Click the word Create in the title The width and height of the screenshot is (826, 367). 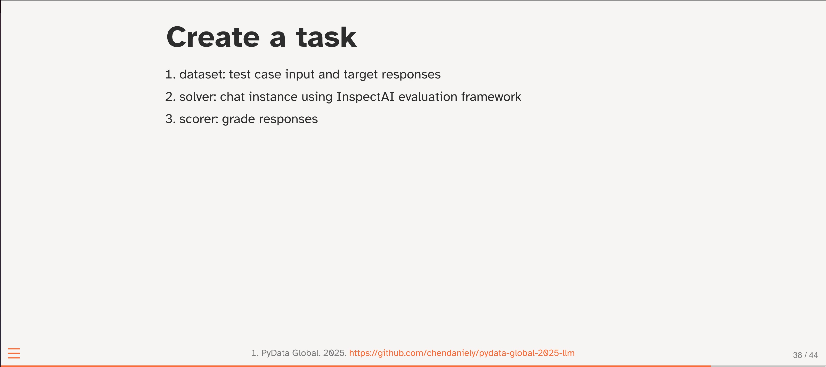pyautogui.click(x=213, y=37)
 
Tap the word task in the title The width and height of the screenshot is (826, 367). pyautogui.click(x=326, y=37)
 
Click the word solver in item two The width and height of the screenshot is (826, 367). pyautogui.click(x=198, y=97)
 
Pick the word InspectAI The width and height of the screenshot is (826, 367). pyautogui.click(x=365, y=97)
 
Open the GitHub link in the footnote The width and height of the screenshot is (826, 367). pyautogui.click(x=462, y=353)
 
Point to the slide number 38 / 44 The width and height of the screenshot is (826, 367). pyautogui.click(x=805, y=355)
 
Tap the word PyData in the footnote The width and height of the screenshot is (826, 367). pyautogui.click(x=275, y=353)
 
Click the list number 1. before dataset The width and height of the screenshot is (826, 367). pyautogui.click(x=170, y=74)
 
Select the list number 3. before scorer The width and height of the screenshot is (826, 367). pyautogui.click(x=170, y=119)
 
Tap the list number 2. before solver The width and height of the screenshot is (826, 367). pyautogui.click(x=170, y=97)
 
